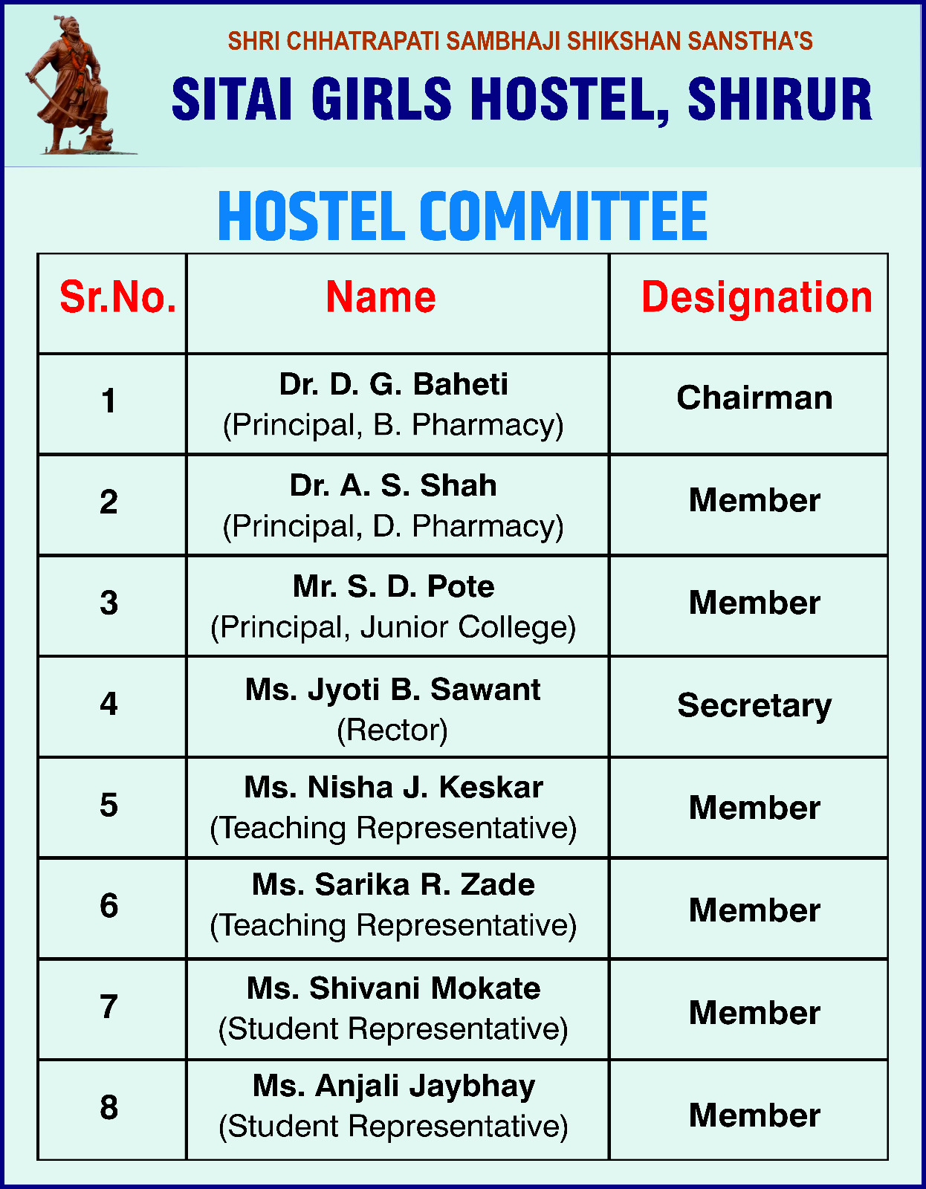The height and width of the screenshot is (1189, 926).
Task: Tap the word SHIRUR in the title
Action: click(x=780, y=100)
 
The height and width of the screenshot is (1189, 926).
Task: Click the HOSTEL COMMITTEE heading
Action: click(x=462, y=216)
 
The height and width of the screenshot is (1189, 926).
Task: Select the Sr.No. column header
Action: click(x=117, y=297)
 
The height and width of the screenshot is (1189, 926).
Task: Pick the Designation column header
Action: click(x=756, y=297)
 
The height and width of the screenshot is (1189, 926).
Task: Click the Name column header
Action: click(x=381, y=297)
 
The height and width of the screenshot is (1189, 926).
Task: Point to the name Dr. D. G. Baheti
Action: click(x=393, y=385)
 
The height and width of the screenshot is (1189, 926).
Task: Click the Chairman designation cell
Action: click(x=754, y=398)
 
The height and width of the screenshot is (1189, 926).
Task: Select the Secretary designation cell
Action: click(x=754, y=705)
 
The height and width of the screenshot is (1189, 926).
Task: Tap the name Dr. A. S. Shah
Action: click(x=393, y=486)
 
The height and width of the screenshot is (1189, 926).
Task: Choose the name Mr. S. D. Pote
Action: click(x=393, y=587)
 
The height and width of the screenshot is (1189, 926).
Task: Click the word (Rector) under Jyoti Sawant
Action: click(x=392, y=730)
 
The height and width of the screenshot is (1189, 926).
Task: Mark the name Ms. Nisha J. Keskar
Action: click(x=393, y=788)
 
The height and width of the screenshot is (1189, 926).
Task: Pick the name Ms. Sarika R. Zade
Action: click(x=393, y=885)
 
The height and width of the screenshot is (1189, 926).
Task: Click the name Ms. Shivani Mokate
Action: click(x=393, y=989)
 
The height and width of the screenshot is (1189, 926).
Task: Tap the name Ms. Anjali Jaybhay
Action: click(x=393, y=1086)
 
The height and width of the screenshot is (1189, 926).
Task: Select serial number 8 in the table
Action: click(x=109, y=1108)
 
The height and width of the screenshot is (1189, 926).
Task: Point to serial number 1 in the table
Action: click(x=109, y=401)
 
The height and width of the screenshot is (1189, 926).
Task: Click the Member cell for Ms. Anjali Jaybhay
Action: click(x=754, y=1115)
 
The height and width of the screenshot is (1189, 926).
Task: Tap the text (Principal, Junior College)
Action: click(x=393, y=628)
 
